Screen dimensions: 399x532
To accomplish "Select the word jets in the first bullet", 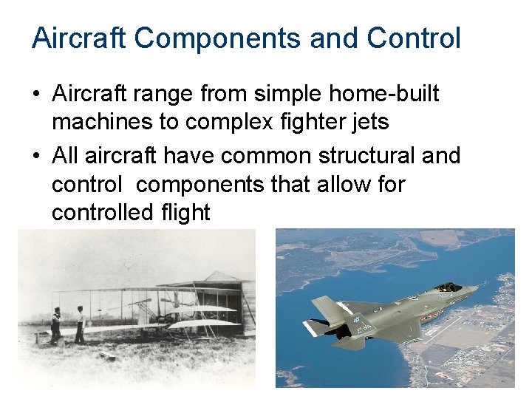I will pyautogui.click(x=369, y=122).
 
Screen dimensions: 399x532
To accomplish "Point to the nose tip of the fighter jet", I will pyautogui.click(x=477, y=290).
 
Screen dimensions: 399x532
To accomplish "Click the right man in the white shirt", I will pyautogui.click(x=79, y=324).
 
